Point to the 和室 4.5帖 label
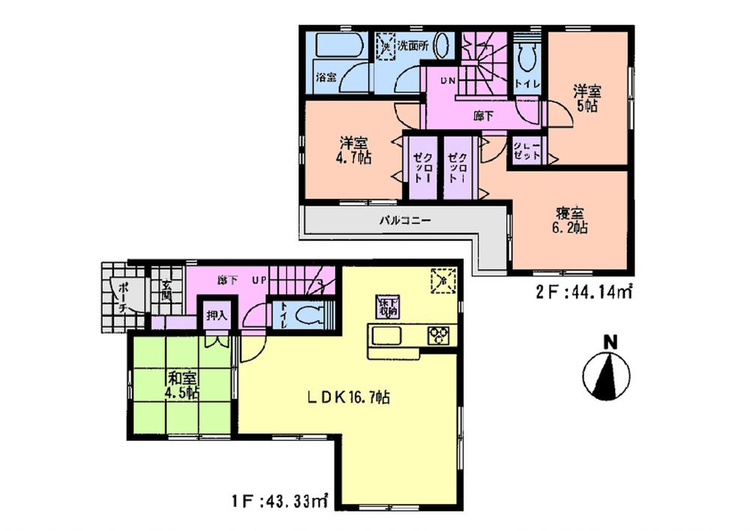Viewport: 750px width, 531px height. tap(181, 385)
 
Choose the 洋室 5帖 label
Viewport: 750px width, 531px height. tap(586, 98)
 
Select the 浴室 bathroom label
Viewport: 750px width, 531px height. tap(325, 77)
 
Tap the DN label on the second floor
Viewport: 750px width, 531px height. tap(448, 80)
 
